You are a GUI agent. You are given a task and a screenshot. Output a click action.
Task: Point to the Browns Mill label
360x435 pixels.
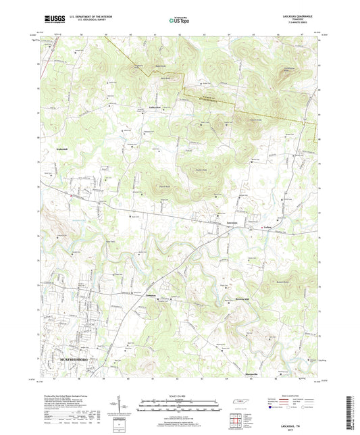(224, 297)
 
